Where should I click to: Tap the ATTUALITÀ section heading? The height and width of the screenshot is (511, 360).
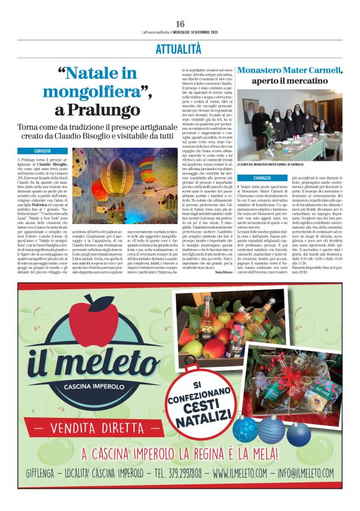click(180, 48)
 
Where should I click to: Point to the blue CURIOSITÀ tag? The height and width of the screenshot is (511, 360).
click(51, 151)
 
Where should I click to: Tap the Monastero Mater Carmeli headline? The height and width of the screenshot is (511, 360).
click(289, 70)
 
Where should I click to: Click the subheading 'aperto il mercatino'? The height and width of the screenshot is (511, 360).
click(289, 81)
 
